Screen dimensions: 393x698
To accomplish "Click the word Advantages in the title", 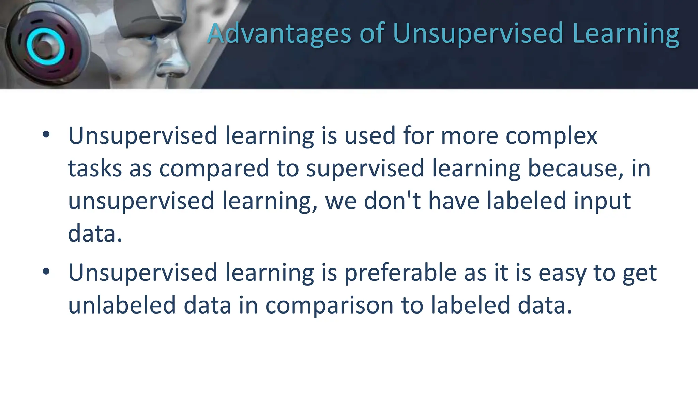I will [x=279, y=33].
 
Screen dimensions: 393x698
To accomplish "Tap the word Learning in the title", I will [x=626, y=33].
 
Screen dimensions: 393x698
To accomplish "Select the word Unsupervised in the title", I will [x=478, y=33].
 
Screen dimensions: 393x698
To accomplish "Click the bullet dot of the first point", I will [x=46, y=135].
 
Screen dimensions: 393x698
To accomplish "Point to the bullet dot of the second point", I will [x=46, y=272].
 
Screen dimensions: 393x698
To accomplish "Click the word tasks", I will [x=95, y=169].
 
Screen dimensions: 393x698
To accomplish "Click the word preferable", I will [x=400, y=273].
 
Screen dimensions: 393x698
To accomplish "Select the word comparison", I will [x=329, y=306].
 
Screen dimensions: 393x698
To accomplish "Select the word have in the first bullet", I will [x=454, y=201].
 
